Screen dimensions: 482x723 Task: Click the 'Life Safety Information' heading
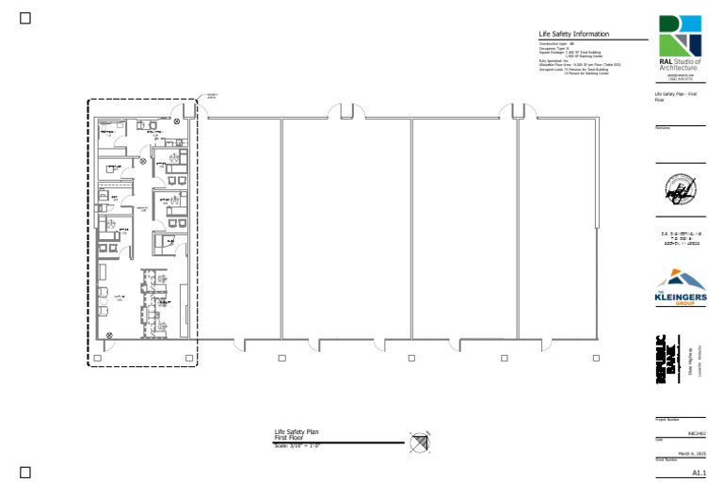[x=573, y=34]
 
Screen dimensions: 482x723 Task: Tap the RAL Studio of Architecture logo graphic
[x=681, y=36]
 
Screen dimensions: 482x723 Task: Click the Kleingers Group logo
[x=680, y=288]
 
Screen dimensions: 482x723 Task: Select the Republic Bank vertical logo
[x=667, y=360]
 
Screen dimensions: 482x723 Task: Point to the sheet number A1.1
[x=698, y=472]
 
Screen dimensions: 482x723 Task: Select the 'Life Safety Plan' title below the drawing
[x=297, y=432]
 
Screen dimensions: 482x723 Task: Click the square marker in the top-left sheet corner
[x=25, y=18]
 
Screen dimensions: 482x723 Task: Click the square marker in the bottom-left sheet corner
[x=25, y=472]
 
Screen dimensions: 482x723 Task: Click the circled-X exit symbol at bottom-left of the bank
[x=109, y=334]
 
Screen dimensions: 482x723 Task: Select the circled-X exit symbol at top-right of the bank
[x=177, y=120]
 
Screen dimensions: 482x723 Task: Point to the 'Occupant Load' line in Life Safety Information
[x=573, y=70]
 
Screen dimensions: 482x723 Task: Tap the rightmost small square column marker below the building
[x=595, y=358]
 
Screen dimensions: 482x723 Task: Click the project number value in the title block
[x=697, y=432]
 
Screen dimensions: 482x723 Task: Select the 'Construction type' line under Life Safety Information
[x=556, y=44]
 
